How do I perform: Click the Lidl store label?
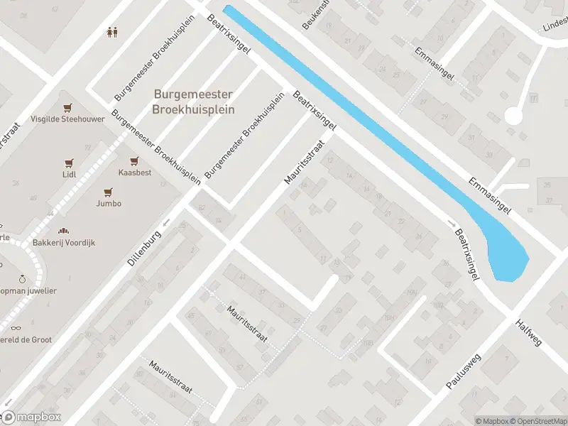point(69,174)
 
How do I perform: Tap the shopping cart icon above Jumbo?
point(109,192)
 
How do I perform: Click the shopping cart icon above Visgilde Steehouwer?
point(68,108)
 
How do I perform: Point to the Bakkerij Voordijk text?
point(63,243)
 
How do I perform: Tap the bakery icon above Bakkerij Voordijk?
point(63,231)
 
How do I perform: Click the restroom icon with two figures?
point(111,31)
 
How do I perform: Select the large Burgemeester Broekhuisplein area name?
point(193,102)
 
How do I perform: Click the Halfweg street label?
point(530,332)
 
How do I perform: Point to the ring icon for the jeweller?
point(22,279)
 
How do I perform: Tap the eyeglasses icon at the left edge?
point(16,328)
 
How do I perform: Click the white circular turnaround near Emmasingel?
point(513,115)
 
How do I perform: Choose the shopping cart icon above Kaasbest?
point(133,161)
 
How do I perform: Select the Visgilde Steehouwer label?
point(67,119)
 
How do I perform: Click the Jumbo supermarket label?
point(109,203)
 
